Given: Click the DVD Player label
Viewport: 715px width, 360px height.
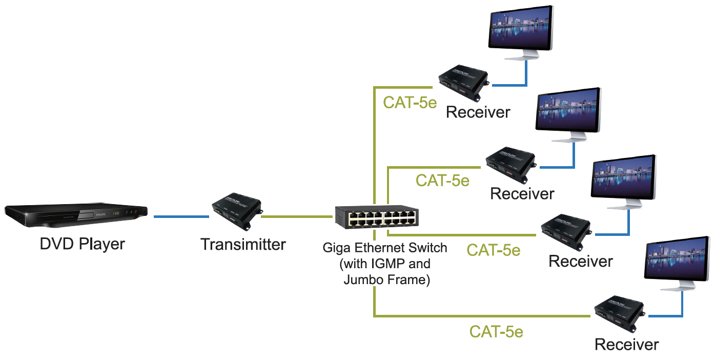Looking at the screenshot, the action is (83, 245).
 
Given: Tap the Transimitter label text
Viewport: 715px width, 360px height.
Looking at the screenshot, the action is (243, 245).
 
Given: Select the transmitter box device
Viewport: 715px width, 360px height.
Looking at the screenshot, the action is (237, 211).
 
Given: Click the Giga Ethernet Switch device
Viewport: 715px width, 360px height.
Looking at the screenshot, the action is (377, 217).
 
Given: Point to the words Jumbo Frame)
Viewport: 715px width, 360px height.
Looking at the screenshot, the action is (387, 280).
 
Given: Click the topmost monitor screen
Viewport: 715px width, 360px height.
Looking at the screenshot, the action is (521, 28).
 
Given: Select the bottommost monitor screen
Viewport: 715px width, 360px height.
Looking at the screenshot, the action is (677, 259).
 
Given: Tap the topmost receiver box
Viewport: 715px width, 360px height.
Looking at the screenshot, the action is (464, 83).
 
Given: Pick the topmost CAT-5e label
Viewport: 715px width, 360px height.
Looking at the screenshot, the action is (410, 103).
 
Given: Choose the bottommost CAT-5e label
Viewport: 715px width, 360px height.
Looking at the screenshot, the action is (496, 332).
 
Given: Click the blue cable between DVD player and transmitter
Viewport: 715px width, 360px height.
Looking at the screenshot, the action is (181, 216).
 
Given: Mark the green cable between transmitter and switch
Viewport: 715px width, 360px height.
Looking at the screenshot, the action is (297, 216).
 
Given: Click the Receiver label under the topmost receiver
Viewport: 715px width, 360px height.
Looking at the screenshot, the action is (478, 112).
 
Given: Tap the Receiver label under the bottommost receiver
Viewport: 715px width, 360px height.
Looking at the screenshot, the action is (626, 345).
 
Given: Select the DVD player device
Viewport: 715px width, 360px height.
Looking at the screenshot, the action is (76, 215).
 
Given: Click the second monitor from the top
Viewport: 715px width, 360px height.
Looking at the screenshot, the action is (568, 110).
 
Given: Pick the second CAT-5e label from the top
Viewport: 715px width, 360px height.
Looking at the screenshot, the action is (442, 181).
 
